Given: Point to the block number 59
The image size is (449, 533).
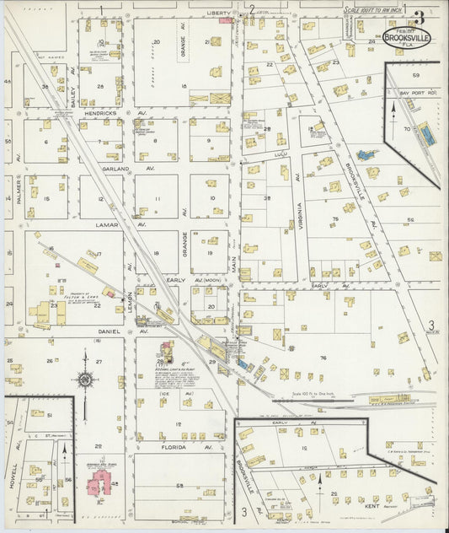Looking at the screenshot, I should [415, 75].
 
